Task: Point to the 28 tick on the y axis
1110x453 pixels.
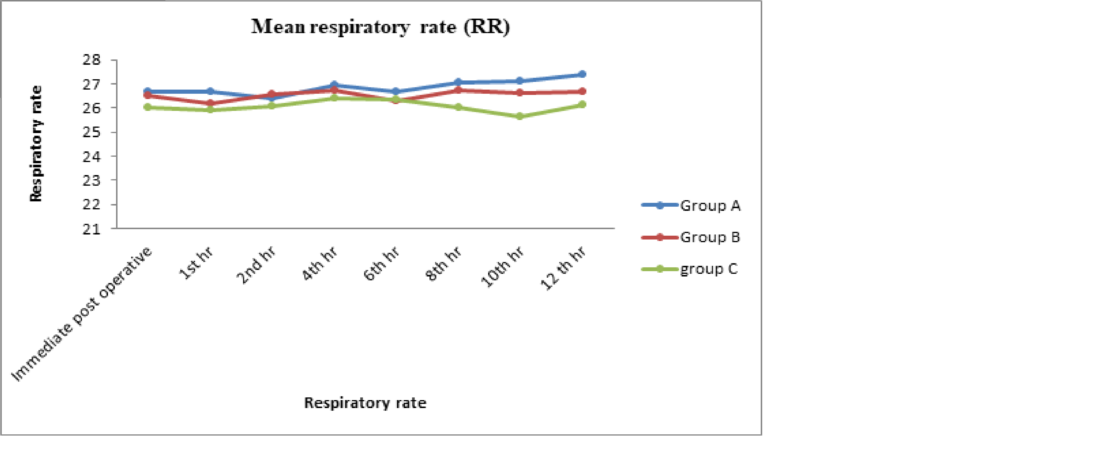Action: (x=91, y=60)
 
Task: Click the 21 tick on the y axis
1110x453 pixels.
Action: (x=91, y=229)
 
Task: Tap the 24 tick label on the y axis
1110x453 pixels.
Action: (x=91, y=157)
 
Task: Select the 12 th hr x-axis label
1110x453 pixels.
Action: (x=564, y=268)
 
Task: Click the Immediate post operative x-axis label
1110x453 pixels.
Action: (x=82, y=314)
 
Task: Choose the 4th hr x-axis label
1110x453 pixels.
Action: (x=319, y=263)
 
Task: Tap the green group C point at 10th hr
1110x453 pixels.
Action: (x=520, y=116)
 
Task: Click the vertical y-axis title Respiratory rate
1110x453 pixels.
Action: (x=36, y=143)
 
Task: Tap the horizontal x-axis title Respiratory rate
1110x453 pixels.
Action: (x=365, y=403)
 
